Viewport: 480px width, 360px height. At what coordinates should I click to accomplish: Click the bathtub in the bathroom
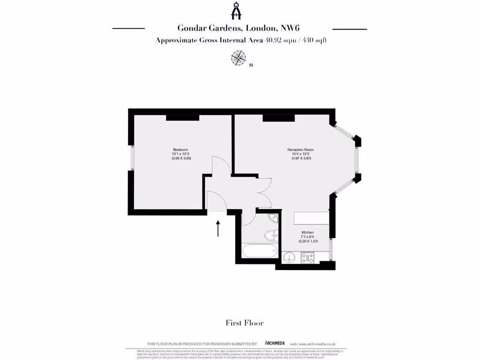pos(260,250)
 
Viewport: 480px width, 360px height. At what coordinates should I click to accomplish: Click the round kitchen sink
pos(289,257)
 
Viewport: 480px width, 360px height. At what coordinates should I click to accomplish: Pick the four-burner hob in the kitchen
pos(308,257)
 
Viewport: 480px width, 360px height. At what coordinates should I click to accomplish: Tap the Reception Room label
pos(300,150)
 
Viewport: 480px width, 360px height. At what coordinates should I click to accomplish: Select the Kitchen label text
pos(308,232)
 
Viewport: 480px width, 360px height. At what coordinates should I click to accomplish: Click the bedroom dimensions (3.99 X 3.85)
pos(181,158)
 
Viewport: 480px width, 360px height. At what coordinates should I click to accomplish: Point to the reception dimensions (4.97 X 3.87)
pos(301,158)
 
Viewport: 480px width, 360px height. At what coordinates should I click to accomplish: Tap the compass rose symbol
pos(239,58)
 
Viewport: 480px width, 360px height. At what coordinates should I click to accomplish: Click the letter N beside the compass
pos(251,66)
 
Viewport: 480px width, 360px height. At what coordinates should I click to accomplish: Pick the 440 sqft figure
pos(314,40)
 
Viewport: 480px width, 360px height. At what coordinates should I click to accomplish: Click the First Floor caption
pos(244,322)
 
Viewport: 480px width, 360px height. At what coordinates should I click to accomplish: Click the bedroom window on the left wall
pos(132,157)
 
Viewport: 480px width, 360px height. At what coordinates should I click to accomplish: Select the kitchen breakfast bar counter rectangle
pos(311,218)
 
